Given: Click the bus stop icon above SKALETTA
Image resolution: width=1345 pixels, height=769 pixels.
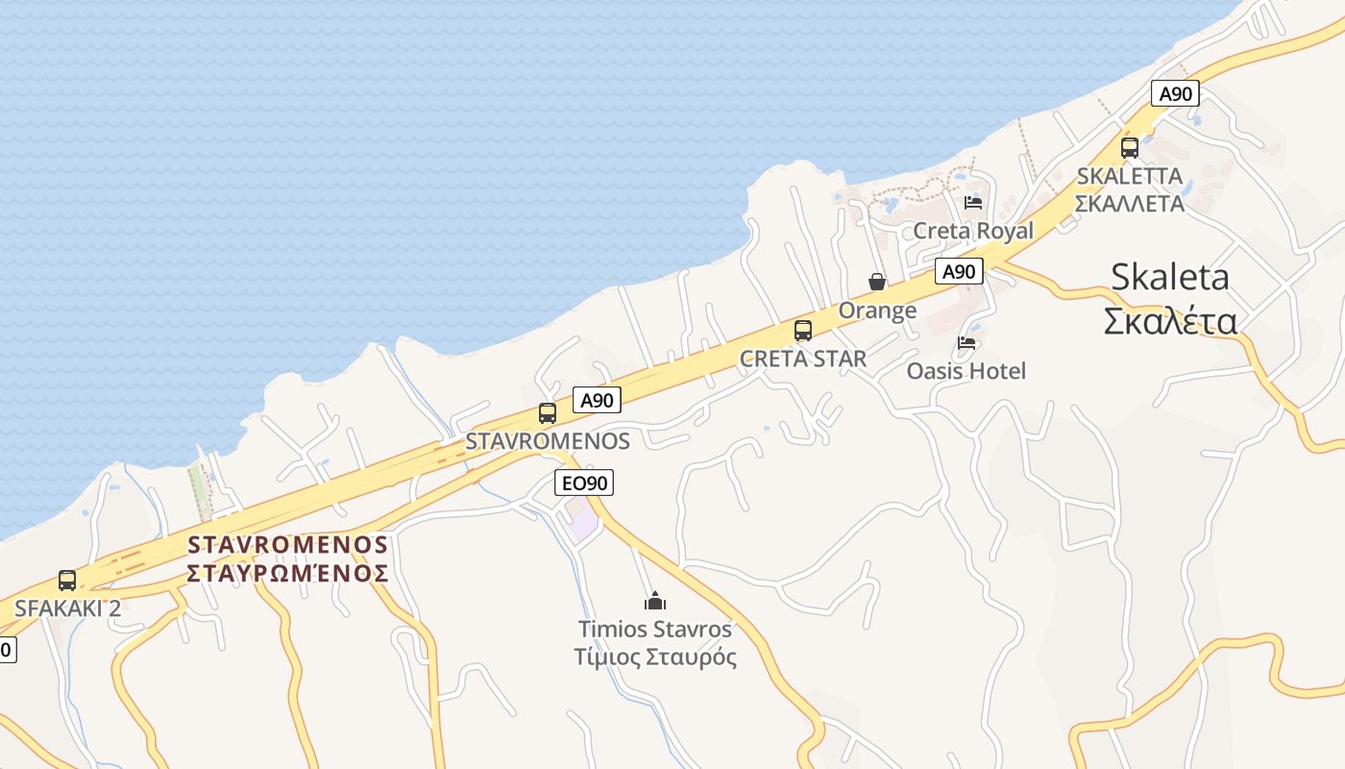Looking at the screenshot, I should (x=1130, y=148).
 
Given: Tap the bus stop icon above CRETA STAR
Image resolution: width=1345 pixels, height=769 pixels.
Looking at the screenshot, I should (x=803, y=331).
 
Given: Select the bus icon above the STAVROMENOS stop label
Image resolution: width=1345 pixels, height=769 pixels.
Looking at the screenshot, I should (x=548, y=413).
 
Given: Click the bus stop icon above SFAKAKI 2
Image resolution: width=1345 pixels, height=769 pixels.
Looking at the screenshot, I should (x=67, y=581).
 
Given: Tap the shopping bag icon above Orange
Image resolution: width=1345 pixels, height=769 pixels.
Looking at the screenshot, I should (x=877, y=282).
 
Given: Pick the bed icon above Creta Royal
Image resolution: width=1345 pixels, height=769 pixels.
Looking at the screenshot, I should (x=973, y=203).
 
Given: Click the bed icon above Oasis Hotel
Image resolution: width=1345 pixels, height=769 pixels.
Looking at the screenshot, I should (x=966, y=343).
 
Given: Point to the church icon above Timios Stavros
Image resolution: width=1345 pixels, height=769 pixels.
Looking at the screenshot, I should (x=655, y=602).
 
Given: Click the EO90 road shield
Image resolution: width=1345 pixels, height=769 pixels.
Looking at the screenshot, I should (x=584, y=483).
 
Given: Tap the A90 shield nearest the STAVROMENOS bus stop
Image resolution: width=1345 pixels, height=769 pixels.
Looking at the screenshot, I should (x=597, y=400).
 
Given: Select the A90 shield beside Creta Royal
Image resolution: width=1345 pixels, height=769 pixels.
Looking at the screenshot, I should (x=959, y=271).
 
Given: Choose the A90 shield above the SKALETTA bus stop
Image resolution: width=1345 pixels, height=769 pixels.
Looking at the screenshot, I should (x=1175, y=93).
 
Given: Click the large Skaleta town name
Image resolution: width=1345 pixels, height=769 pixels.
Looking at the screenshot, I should (x=1169, y=277).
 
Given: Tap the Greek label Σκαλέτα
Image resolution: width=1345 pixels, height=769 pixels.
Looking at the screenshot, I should (x=1169, y=321).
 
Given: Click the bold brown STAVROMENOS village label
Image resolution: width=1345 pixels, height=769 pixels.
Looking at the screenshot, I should (x=288, y=545).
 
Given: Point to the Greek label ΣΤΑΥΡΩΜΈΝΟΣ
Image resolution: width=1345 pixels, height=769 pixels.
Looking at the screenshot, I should (x=288, y=574).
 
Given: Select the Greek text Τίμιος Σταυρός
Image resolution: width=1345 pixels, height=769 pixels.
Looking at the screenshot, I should (x=655, y=657).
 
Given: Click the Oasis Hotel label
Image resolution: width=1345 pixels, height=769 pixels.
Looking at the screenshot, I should (x=966, y=371).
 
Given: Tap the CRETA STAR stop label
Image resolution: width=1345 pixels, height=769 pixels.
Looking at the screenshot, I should (x=803, y=359).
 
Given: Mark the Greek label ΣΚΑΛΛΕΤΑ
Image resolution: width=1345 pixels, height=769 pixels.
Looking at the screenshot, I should (x=1129, y=204).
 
